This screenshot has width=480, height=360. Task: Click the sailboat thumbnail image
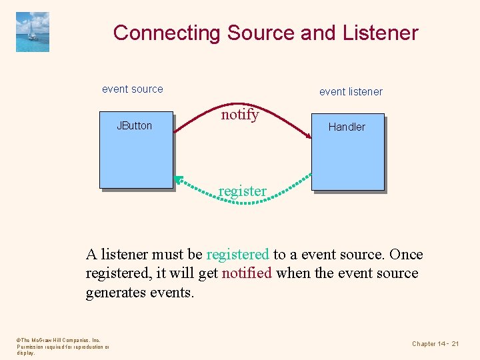click(x=33, y=31)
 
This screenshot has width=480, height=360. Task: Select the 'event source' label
click(x=132, y=89)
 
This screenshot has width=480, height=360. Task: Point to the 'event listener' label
click(x=351, y=91)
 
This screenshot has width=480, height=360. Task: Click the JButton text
click(x=134, y=125)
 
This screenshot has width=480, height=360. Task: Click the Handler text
click(x=347, y=127)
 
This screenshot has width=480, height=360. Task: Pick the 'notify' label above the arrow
click(x=240, y=115)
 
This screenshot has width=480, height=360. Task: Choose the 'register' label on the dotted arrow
click(x=242, y=191)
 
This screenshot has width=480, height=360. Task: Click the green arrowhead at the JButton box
click(x=178, y=179)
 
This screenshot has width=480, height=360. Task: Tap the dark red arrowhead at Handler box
click(x=309, y=136)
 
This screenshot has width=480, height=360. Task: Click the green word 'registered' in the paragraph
click(x=238, y=255)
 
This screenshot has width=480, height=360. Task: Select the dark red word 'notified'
click(x=247, y=273)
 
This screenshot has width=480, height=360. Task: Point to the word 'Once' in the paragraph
click(x=406, y=255)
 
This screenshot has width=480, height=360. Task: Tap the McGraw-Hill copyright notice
click(x=61, y=347)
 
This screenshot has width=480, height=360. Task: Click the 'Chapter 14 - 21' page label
click(x=435, y=343)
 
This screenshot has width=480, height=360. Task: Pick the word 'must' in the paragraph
click(x=169, y=255)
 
